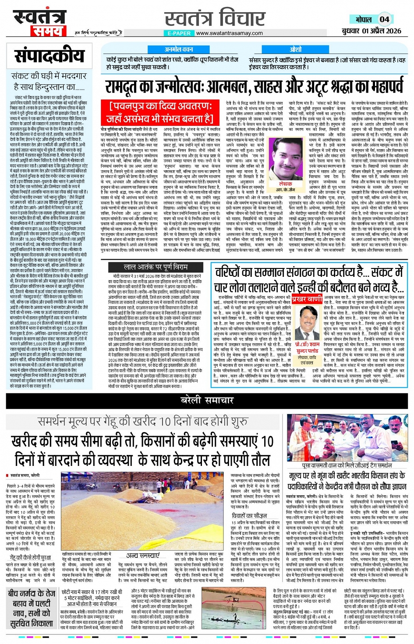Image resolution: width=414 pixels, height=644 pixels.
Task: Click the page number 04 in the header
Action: click(x=384, y=19)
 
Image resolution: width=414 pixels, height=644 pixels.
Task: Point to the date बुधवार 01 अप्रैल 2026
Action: click(x=372, y=31)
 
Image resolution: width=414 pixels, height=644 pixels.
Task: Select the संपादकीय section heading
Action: click(x=49, y=56)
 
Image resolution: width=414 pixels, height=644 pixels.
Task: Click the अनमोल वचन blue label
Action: click(x=179, y=50)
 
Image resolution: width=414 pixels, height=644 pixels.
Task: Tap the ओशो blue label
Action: click(x=296, y=50)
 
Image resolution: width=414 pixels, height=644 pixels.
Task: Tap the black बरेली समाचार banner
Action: click(x=207, y=401)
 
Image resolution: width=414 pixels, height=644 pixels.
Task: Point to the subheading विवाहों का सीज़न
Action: click(x=249, y=515)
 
